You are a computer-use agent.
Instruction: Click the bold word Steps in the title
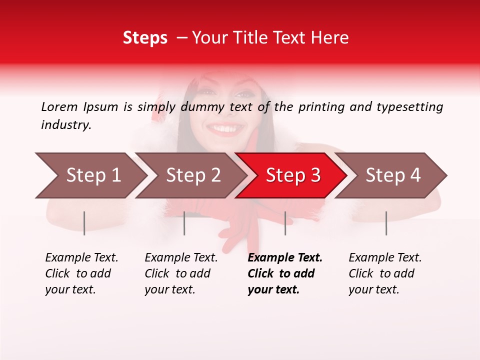pyautogui.click(x=145, y=38)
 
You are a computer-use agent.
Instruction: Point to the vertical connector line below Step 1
pyautogui.click(x=84, y=223)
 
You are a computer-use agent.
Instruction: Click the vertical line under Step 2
pyautogui.click(x=184, y=223)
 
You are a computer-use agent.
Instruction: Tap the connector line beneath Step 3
pyautogui.click(x=285, y=223)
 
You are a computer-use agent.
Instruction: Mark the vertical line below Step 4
pyautogui.click(x=386, y=223)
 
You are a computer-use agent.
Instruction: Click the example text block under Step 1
pyautogui.click(x=81, y=273)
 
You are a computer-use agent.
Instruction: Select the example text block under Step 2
pyautogui.click(x=181, y=273)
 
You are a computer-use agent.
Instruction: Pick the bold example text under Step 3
pyautogui.click(x=285, y=273)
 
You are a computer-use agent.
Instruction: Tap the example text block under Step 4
pyautogui.click(x=385, y=273)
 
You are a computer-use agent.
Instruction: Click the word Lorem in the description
pyautogui.click(x=59, y=107)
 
